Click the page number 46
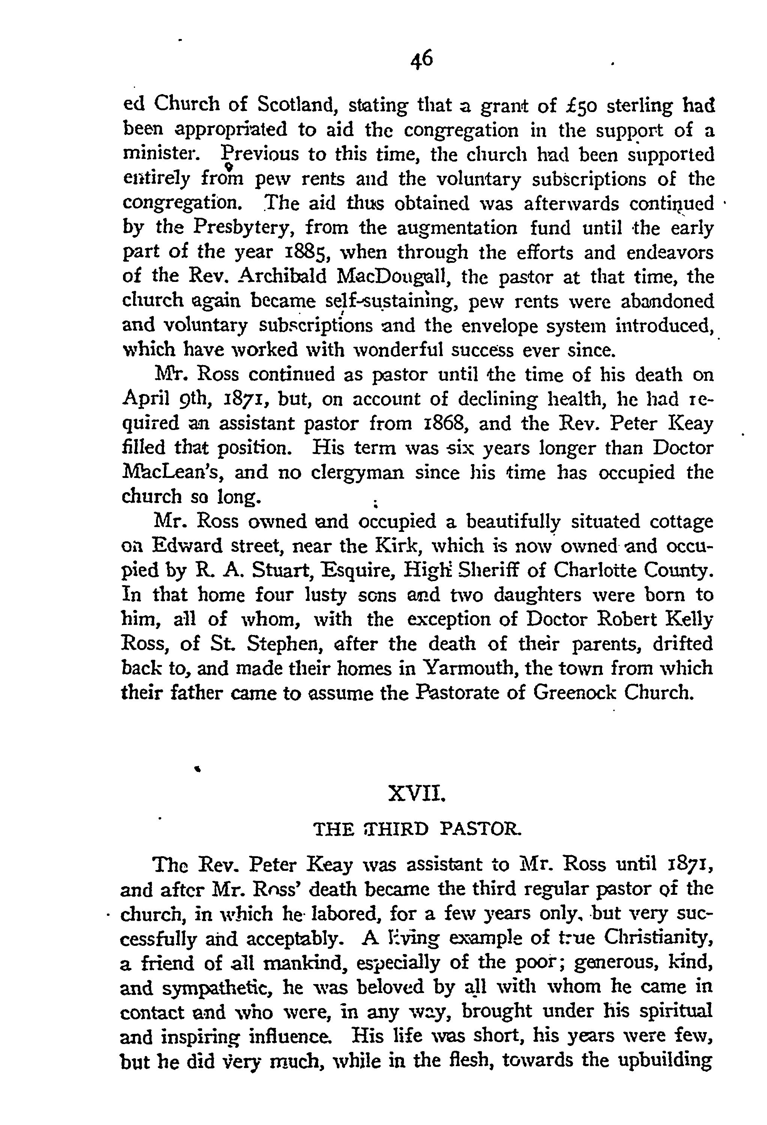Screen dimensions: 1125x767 click(421, 60)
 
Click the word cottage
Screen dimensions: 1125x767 click(681, 522)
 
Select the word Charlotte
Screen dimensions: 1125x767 click(587, 571)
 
